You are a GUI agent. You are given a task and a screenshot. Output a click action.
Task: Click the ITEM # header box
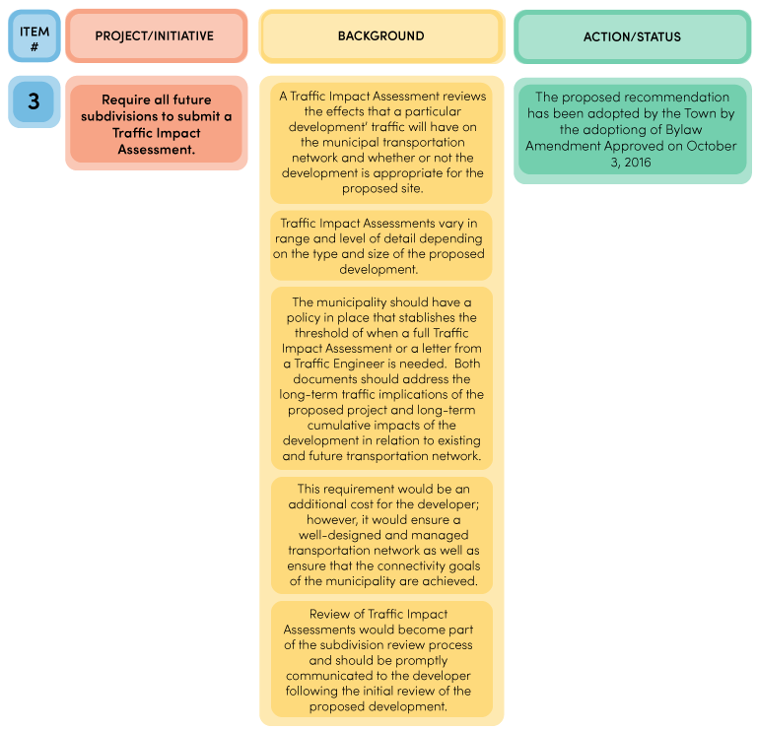34,36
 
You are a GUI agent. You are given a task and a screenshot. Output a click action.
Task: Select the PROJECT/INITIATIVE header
157,36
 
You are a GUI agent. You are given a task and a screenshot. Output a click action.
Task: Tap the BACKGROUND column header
381,36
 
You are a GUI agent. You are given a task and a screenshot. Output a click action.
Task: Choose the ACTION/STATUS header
633,36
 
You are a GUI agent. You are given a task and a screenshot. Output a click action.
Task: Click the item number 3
34,100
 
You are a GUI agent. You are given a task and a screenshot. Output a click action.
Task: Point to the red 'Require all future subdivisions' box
156,123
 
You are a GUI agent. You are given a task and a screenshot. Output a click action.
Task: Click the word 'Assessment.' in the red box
157,150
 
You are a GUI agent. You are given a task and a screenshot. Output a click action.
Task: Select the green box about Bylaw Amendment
633,129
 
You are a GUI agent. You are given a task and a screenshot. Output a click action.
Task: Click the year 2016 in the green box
638,163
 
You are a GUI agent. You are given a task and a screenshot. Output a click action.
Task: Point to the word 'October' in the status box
711,146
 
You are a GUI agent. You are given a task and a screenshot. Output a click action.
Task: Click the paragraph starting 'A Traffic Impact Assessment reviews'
381,143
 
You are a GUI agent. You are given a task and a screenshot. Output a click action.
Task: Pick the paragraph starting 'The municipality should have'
381,378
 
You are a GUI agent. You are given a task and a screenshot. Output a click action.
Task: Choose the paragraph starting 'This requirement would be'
381,535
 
